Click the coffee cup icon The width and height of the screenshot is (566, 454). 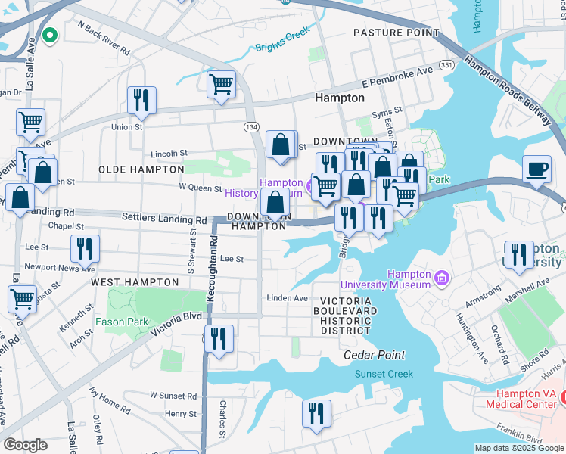coord(537,169)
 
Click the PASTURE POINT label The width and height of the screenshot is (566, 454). coord(396,33)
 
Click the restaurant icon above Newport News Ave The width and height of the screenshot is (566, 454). coord(85,249)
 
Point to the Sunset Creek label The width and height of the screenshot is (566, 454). coord(384,374)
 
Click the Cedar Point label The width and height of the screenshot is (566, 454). coord(374,355)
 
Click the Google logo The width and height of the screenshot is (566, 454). coord(25,445)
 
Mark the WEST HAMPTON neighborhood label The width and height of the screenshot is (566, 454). coord(135,282)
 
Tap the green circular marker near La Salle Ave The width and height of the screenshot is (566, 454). coord(51,34)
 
